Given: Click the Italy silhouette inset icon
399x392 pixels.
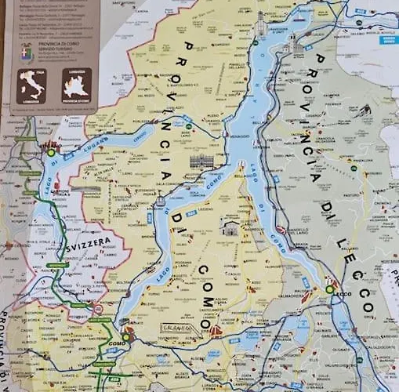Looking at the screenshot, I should pyautogui.click(x=32, y=85).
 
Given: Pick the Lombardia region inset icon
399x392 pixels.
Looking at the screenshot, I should pyautogui.click(x=77, y=84).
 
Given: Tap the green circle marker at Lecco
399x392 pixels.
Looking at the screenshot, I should pyautogui.click(x=329, y=290).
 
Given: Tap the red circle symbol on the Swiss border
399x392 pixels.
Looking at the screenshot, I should pyautogui.click(x=98, y=309).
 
